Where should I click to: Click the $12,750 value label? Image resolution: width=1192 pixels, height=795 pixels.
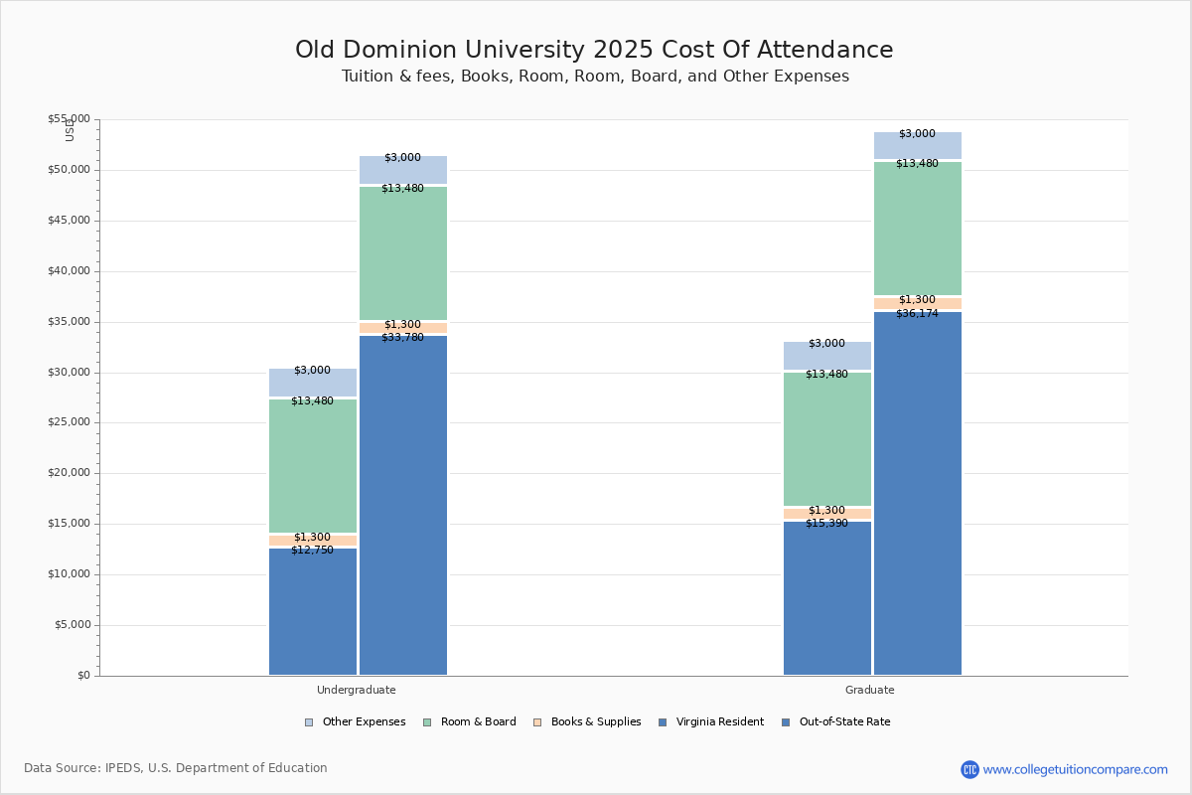(x=312, y=551)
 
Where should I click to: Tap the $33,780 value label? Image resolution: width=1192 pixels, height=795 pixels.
(x=402, y=338)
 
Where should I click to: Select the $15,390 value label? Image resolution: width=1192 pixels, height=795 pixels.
(x=826, y=524)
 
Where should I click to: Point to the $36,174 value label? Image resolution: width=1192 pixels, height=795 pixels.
(x=917, y=314)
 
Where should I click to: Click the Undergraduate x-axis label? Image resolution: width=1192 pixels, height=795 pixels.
(x=356, y=690)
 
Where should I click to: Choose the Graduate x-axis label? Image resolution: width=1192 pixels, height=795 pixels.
(x=870, y=690)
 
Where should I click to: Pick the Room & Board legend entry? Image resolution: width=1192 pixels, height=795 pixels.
(x=478, y=722)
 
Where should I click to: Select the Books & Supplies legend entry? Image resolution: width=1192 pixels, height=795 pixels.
(x=595, y=722)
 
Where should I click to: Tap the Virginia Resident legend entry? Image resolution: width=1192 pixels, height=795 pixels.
(x=719, y=722)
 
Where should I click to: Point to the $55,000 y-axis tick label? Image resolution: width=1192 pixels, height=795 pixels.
(x=69, y=119)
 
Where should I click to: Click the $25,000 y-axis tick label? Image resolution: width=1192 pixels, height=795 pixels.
(x=69, y=422)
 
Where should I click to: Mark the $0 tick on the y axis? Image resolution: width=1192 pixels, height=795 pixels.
(x=82, y=676)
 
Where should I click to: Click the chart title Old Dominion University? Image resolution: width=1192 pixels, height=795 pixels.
(x=594, y=51)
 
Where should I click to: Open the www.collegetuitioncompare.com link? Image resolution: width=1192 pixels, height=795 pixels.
(x=1075, y=769)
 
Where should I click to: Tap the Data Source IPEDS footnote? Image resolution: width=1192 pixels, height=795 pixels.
(x=176, y=768)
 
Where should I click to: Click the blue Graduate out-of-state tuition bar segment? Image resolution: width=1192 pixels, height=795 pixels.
(x=918, y=497)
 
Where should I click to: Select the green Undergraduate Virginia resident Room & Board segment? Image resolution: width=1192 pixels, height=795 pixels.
(x=313, y=467)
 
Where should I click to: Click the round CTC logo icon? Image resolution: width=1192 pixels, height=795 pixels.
(x=969, y=769)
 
